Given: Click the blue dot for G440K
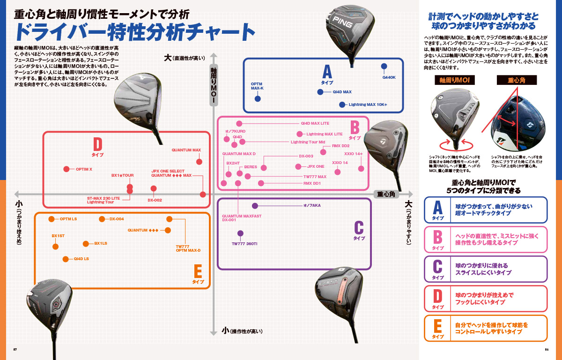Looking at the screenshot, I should click(385, 66).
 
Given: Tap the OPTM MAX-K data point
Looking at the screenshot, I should click(258, 99).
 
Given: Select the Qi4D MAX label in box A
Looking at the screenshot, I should click(342, 92).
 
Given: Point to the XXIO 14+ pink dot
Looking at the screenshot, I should click(361, 168).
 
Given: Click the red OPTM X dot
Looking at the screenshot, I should click(66, 169).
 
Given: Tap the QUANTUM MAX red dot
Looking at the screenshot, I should click(199, 162).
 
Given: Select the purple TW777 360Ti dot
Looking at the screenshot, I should click(240, 233).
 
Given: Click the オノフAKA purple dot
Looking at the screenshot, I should click(255, 205).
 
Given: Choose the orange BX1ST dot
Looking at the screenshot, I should click(56, 246).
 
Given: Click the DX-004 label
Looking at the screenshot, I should click(117, 219).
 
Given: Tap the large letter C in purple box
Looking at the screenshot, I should click(359, 228).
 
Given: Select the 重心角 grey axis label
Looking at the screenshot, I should click(386, 194).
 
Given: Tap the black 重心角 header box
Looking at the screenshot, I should click(517, 81).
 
